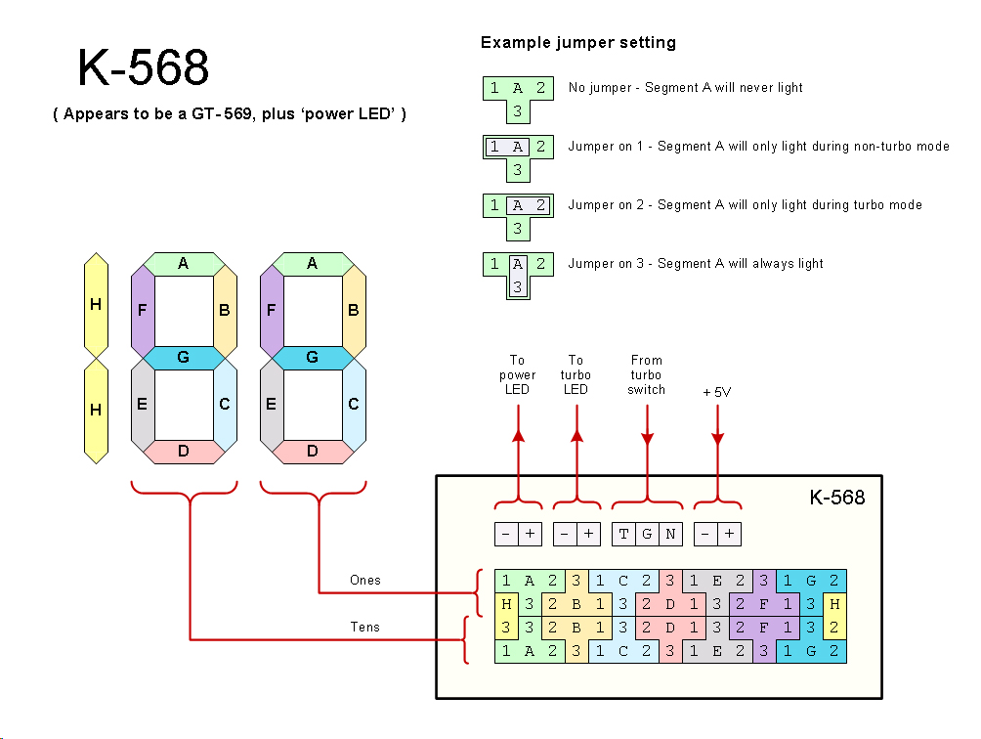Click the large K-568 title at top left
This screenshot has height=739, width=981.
click(144, 69)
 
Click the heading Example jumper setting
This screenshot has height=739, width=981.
click(578, 43)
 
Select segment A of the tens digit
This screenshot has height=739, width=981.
click(183, 263)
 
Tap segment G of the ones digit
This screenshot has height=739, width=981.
click(313, 358)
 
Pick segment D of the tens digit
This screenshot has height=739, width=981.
click(183, 452)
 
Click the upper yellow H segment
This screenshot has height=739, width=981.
click(96, 305)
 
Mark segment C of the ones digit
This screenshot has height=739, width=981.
click(354, 404)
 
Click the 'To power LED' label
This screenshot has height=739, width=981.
click(518, 374)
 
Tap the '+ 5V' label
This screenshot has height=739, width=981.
click(717, 392)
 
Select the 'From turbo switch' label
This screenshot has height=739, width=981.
click(647, 374)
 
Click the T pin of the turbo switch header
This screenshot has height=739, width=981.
click(623, 535)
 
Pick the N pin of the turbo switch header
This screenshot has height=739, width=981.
click(670, 535)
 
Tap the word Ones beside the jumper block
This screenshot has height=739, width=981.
click(365, 581)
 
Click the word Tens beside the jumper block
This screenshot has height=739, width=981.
click(365, 628)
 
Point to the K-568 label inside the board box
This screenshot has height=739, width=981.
click(837, 498)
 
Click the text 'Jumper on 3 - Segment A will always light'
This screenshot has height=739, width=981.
click(696, 263)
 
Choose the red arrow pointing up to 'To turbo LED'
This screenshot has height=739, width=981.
click(576, 459)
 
